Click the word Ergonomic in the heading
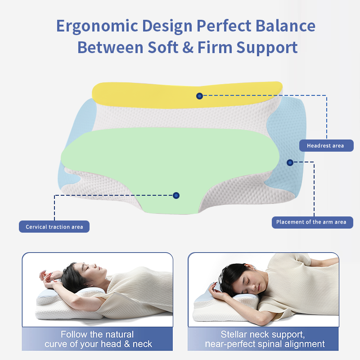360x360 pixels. [x=97, y=27]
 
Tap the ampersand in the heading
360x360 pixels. [x=188, y=47]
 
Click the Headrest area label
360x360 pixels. [x=326, y=145]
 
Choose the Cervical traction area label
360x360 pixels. [x=54, y=227]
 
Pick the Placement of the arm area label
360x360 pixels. [x=312, y=222]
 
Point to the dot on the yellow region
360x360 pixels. [x=199, y=96]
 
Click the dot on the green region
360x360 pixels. [x=176, y=196]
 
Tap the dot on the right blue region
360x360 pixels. [x=290, y=163]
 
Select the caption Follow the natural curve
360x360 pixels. [x=98, y=339]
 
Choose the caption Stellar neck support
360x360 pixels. [x=265, y=339]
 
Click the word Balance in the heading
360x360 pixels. [x=285, y=26]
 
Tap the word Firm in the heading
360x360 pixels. [x=215, y=47]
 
